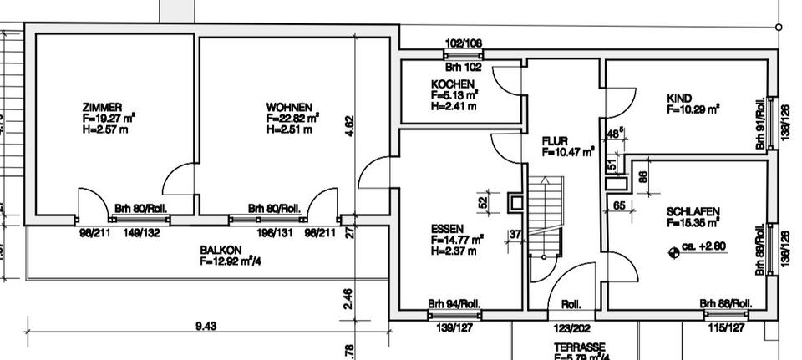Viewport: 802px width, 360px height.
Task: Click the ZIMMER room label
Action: coord(103,108)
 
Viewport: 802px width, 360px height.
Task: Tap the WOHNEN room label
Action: coord(289,108)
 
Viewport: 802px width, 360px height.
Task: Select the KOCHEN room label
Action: coord(453,84)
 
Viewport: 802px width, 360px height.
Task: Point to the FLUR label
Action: coord(556,141)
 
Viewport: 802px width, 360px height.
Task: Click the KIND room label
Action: coord(679,99)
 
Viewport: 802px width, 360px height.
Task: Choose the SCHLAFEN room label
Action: coord(693,211)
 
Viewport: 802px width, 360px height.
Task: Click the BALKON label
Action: coord(221,250)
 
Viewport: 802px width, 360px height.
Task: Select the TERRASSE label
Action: coord(579,347)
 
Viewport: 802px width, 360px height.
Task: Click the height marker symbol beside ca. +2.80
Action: coord(673,248)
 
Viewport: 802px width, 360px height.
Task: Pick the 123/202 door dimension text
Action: coord(571,329)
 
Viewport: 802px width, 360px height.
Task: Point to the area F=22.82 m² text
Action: coord(292,119)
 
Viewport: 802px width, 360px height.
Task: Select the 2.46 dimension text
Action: coord(349,297)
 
